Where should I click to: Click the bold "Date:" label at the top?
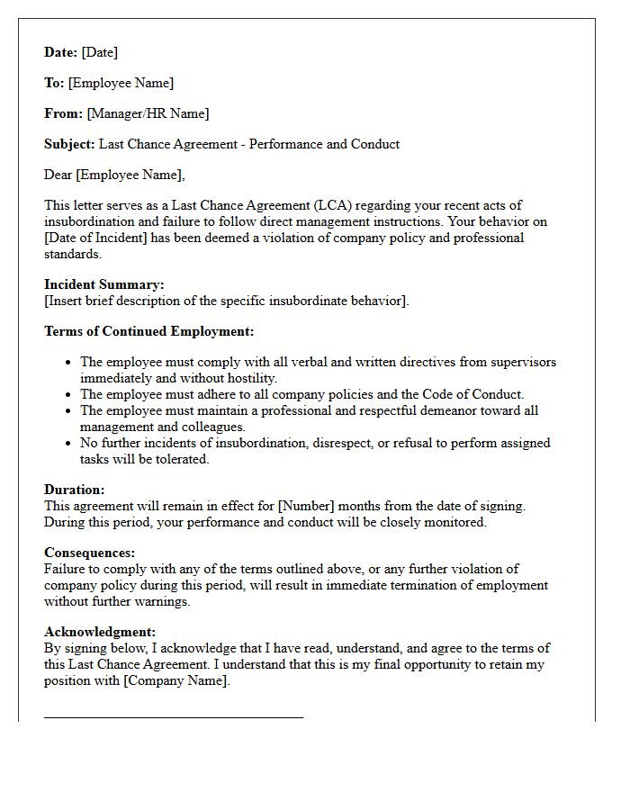tap(61, 52)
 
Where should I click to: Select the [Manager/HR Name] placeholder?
tap(148, 113)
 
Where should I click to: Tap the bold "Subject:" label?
tap(69, 144)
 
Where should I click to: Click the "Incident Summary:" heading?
tap(104, 284)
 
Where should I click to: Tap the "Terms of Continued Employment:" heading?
tap(148, 331)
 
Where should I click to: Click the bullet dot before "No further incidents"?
tap(69, 443)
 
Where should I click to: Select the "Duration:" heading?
tap(75, 490)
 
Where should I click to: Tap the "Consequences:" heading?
tap(90, 553)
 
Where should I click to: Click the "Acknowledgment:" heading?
tap(100, 632)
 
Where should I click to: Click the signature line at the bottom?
tap(174, 717)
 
